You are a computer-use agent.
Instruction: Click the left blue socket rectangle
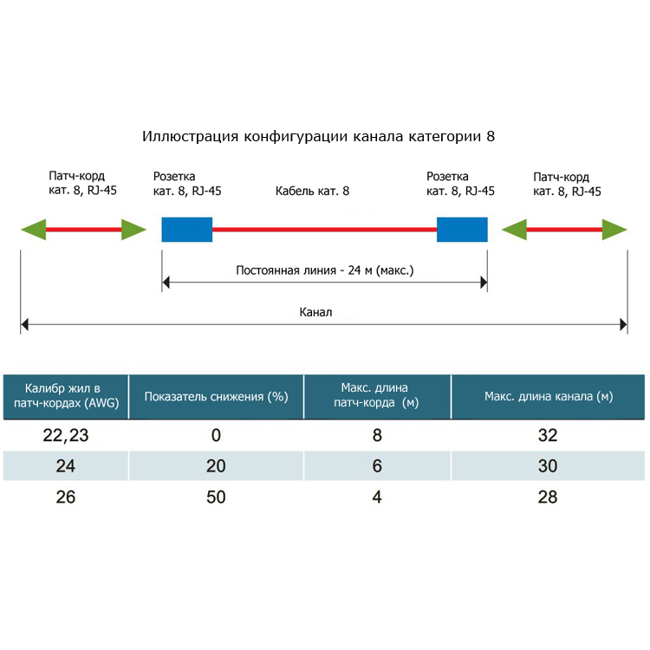(187, 230)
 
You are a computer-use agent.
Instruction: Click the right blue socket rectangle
(462, 230)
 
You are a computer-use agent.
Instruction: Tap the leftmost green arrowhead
(34, 230)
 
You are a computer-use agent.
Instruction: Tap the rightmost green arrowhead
(614, 230)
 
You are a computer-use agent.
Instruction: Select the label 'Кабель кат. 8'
(312, 192)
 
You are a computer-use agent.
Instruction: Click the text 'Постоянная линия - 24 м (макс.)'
(325, 270)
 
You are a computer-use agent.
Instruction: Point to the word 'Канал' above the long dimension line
(315, 312)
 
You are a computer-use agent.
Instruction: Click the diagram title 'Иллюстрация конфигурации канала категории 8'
(318, 136)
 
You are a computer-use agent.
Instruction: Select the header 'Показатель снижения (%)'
(216, 397)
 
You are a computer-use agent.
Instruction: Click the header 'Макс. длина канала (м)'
(549, 397)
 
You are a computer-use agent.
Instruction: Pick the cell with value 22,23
(66, 435)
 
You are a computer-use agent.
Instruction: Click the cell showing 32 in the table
(548, 435)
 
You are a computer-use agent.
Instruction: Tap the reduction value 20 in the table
(216, 466)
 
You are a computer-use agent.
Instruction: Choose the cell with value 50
(216, 497)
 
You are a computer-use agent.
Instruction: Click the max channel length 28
(548, 497)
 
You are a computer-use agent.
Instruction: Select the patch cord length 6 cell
(377, 466)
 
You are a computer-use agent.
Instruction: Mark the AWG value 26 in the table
(66, 497)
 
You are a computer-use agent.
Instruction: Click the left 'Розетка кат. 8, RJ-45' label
(187, 184)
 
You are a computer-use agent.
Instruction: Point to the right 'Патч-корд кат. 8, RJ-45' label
(567, 184)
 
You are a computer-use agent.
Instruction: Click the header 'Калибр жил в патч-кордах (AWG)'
(67, 395)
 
